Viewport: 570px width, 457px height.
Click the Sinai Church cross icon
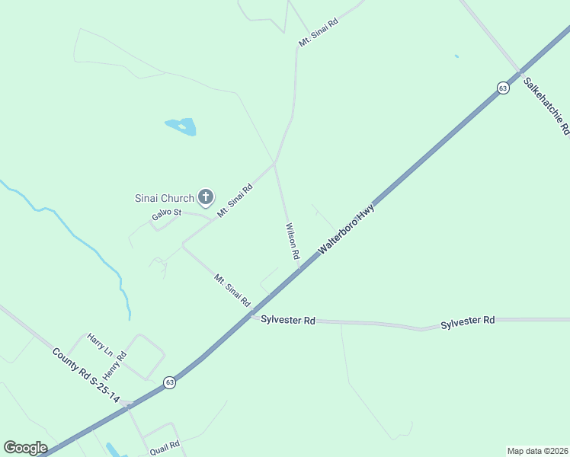point(205,197)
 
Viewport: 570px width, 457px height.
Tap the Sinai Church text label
point(165,198)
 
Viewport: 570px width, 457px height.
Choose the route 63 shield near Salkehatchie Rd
point(502,88)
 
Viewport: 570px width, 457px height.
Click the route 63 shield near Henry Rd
point(169,382)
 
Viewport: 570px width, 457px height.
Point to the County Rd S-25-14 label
point(86,376)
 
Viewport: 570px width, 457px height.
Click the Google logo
point(25,448)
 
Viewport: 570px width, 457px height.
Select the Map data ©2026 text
point(538,450)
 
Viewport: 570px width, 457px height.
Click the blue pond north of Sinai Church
point(181,126)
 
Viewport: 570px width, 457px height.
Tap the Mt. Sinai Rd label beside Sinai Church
point(234,200)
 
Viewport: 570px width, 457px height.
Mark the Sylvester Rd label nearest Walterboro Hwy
point(288,321)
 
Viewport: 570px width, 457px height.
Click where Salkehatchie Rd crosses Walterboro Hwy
point(520,73)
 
